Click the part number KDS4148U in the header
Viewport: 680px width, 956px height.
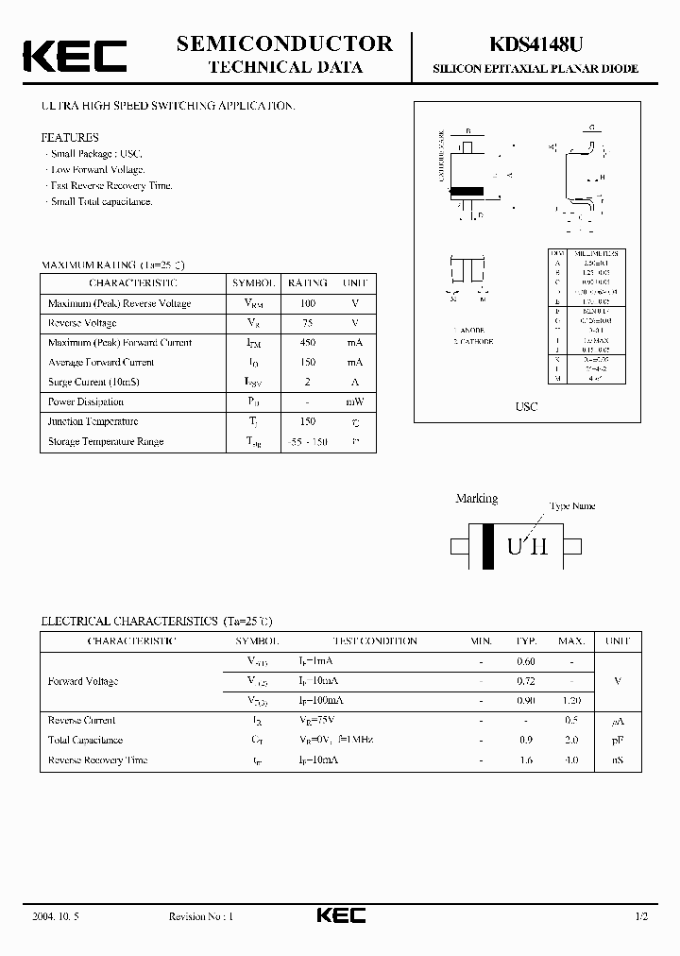535,43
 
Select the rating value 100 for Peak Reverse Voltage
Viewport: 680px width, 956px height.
308,303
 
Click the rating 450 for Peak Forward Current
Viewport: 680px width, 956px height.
308,343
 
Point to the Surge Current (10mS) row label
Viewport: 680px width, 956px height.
92,382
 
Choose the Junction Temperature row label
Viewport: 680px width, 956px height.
93,422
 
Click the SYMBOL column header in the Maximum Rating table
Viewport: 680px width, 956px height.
253,282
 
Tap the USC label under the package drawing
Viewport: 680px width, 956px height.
526,406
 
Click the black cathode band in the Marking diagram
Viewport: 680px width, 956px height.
487,546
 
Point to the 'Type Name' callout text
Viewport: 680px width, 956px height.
572,506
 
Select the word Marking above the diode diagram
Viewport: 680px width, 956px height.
477,499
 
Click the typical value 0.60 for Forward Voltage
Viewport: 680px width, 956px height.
526,661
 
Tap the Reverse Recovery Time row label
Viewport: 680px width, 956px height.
97,760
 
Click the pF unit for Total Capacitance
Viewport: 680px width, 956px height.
617,741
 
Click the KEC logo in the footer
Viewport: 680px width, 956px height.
340,915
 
